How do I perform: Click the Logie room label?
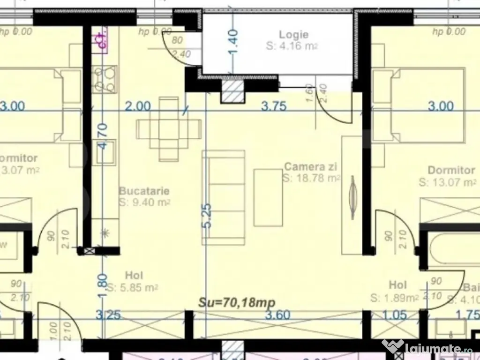pos(294,34)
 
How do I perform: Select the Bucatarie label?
pos(144,191)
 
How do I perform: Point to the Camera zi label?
pos(311,166)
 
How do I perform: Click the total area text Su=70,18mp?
pos(237,302)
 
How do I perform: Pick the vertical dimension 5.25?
pos(208,216)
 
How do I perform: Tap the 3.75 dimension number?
pos(274,106)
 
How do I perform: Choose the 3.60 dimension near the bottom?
pos(277,315)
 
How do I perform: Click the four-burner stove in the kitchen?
pos(105,79)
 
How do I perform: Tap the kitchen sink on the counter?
pos(105,157)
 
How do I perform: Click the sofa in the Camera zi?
pos(224,197)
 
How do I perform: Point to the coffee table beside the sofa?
pos(268,197)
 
